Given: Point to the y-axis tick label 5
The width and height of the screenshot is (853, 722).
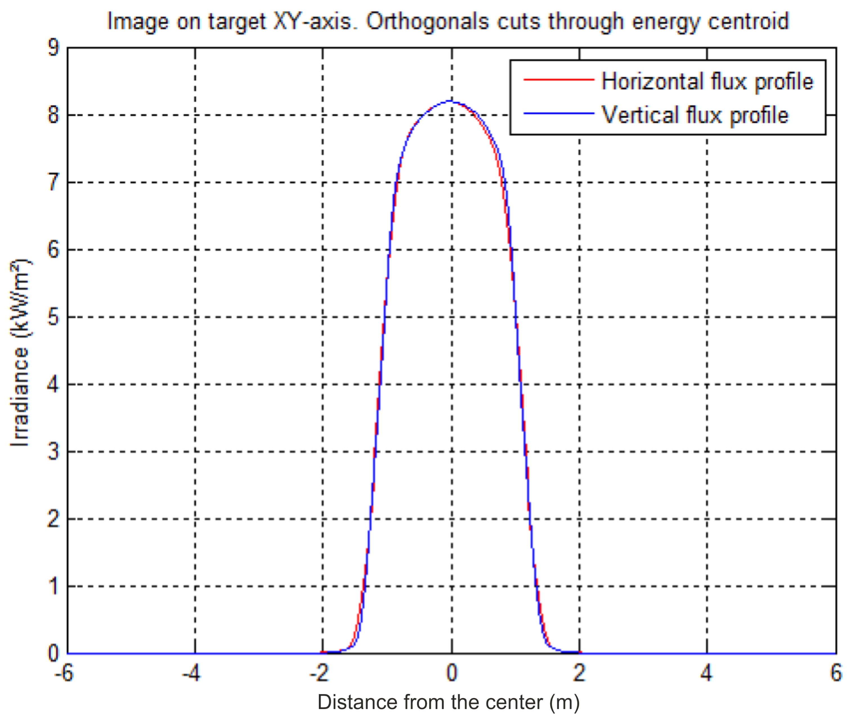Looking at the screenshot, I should point(53,317).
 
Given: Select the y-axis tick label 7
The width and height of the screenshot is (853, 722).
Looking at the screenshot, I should point(53,183).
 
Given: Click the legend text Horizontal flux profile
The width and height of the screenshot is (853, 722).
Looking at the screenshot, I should point(707,81).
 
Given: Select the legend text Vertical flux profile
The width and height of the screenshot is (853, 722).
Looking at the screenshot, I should point(695,115).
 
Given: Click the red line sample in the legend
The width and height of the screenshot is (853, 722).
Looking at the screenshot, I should point(558,80).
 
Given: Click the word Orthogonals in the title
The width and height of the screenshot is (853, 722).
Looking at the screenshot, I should point(427,21).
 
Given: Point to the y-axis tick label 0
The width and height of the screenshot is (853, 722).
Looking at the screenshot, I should point(53,654).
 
